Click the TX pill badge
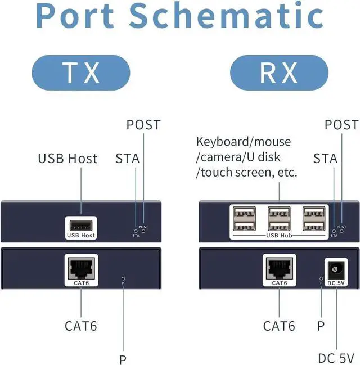click(x=82, y=73)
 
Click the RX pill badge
click(x=278, y=73)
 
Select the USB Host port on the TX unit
click(x=81, y=224)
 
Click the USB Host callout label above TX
click(x=67, y=159)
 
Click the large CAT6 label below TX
click(x=81, y=326)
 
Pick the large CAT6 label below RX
click(x=279, y=326)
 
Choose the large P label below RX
click(x=321, y=326)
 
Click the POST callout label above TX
click(x=143, y=125)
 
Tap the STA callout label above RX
click(x=325, y=159)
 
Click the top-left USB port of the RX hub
click(x=244, y=214)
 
